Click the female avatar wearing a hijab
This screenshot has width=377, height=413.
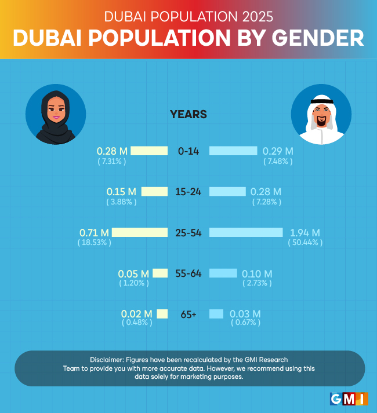click(x=56, y=114)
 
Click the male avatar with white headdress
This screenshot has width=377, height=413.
click(x=321, y=115)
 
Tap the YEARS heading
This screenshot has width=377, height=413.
click(x=188, y=114)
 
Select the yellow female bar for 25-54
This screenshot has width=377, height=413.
click(x=139, y=232)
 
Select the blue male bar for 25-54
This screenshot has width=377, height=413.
click(x=246, y=232)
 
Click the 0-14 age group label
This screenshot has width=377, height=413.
click(x=188, y=151)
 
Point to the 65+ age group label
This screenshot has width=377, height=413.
click(x=188, y=314)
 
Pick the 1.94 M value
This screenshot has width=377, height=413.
click(x=304, y=232)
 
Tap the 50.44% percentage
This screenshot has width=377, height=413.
click(x=305, y=242)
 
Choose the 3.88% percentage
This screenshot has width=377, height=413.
click(x=121, y=202)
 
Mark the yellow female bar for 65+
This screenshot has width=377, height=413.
click(x=162, y=314)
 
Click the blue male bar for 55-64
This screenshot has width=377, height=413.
click(x=223, y=273)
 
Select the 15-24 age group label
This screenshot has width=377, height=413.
click(x=188, y=192)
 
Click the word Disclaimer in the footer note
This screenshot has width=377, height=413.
click(x=110, y=360)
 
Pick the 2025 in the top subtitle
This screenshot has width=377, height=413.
click(x=255, y=14)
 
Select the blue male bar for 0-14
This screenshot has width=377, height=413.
click(x=233, y=151)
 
